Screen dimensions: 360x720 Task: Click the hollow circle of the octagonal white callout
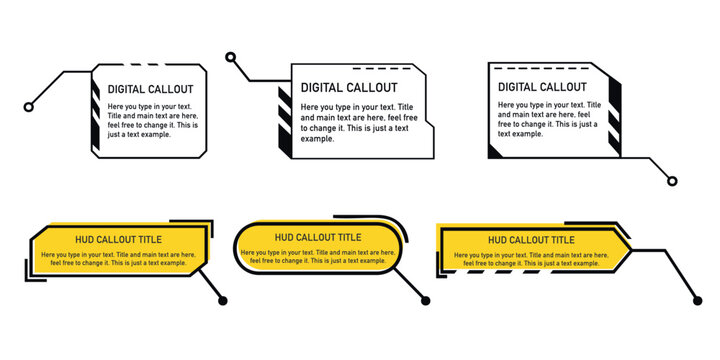click(x=29, y=107)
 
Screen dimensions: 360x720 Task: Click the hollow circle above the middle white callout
click(x=231, y=58)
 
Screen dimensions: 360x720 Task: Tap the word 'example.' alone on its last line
click(x=317, y=139)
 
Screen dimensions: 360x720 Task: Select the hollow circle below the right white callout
click(x=672, y=181)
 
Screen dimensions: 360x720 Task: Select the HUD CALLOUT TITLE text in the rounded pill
click(x=318, y=237)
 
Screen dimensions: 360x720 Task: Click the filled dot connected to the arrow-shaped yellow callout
click(x=697, y=300)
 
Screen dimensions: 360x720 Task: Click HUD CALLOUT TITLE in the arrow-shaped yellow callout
click(x=531, y=240)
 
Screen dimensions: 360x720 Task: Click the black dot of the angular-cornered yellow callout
click(x=223, y=300)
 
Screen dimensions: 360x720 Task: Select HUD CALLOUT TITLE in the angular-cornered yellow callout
click(x=120, y=239)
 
